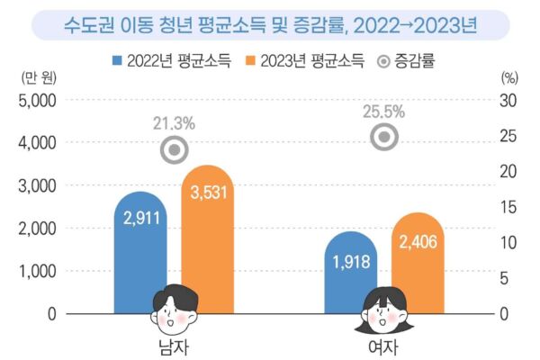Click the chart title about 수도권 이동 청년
coord(269,24)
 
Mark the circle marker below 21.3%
coord(175,150)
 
